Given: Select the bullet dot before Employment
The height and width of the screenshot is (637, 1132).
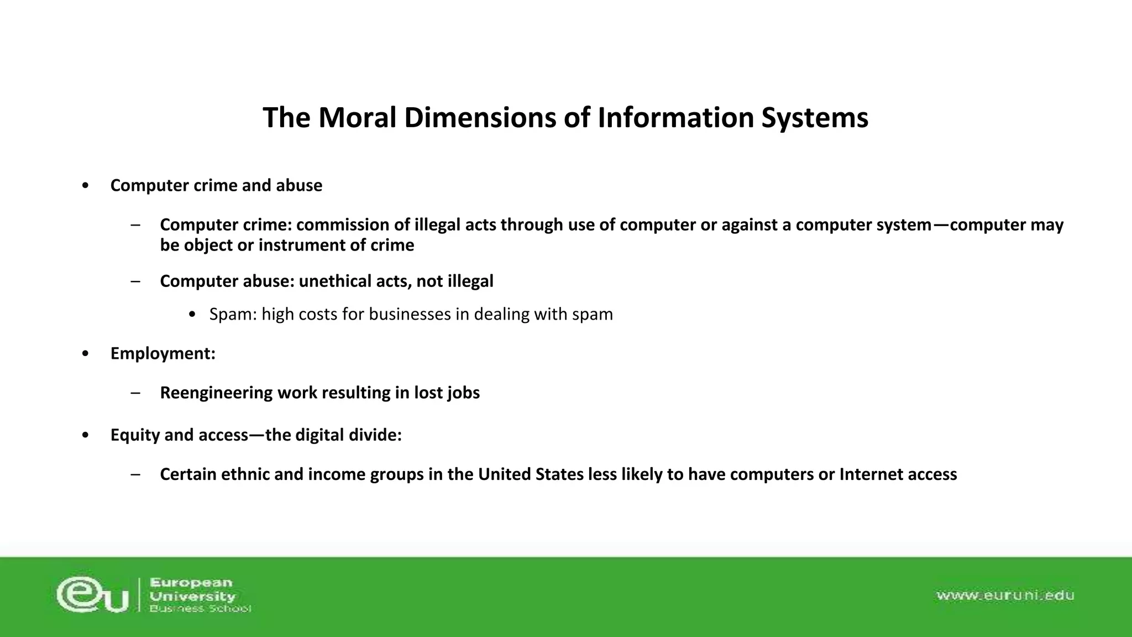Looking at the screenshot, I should (x=85, y=353).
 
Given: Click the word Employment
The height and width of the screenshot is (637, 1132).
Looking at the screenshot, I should (x=162, y=353).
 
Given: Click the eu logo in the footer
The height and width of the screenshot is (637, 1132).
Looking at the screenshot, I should (x=93, y=595).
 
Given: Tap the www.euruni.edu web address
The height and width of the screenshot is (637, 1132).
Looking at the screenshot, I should (x=1004, y=596).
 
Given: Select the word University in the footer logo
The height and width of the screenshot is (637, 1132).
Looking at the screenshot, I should (x=192, y=596).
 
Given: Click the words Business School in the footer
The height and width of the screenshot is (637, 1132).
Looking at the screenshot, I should (x=200, y=609).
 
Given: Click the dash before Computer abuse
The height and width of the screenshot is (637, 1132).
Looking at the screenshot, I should (x=135, y=281).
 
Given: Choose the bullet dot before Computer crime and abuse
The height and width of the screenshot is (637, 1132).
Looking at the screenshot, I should (x=85, y=186).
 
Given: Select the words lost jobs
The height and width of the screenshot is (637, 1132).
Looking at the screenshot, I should (x=447, y=393).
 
